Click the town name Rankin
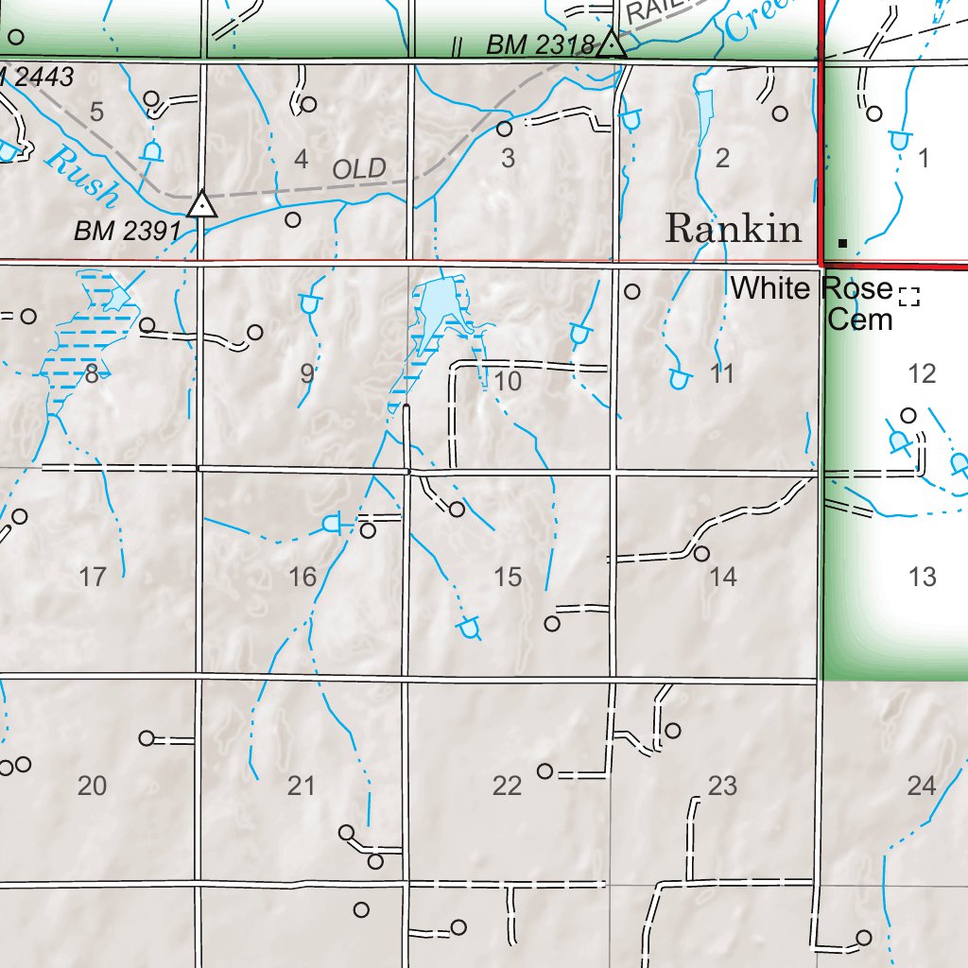pyautogui.click(x=734, y=229)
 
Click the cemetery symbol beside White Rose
pyautogui.click(x=909, y=297)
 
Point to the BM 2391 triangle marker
pyautogui.click(x=201, y=204)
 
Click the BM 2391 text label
pyautogui.click(x=128, y=230)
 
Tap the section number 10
pyautogui.click(x=508, y=382)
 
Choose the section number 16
pyautogui.click(x=302, y=577)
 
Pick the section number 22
pyautogui.click(x=508, y=786)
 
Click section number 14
pyautogui.click(x=723, y=576)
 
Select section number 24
pyautogui.click(x=922, y=785)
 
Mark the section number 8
pyautogui.click(x=91, y=374)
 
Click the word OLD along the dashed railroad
pyautogui.click(x=360, y=169)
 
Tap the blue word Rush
pyautogui.click(x=81, y=175)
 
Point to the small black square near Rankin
pyautogui.click(x=842, y=243)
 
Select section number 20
pyautogui.click(x=92, y=786)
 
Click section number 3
pyautogui.click(x=509, y=158)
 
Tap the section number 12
pyautogui.click(x=922, y=374)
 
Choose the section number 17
pyautogui.click(x=93, y=576)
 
